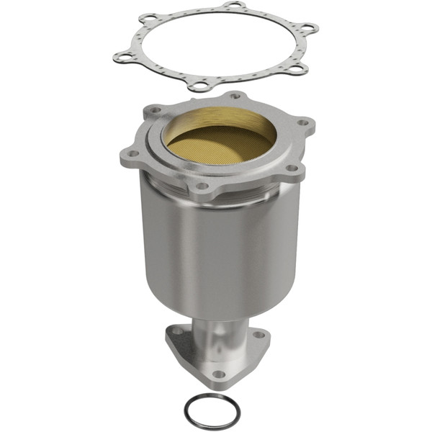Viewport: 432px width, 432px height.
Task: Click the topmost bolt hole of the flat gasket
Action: pos(233,6)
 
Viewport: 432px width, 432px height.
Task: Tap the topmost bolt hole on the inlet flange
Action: pos(235,96)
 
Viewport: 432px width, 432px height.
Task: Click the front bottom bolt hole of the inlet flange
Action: pos(202,186)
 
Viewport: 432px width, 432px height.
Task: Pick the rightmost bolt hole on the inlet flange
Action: pos(304,122)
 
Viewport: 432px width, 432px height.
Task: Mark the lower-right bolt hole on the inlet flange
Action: pos(292,168)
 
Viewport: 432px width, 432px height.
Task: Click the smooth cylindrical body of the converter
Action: pos(216,252)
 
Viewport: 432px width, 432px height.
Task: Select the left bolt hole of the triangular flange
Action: pos(176,332)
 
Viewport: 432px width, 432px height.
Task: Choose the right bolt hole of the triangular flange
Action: pos(258,336)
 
